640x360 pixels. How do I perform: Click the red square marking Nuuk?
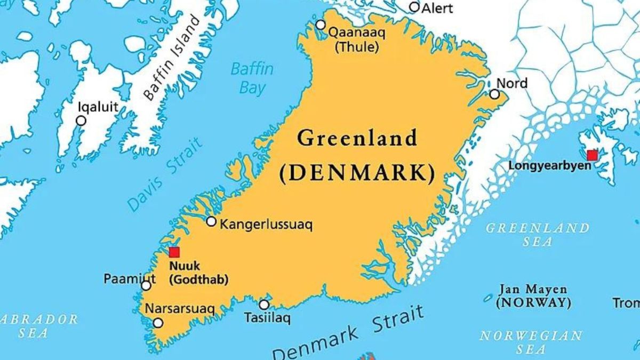pos(174,252)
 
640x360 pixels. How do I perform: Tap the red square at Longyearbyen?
pos(592,155)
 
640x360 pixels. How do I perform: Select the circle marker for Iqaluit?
pos(81,121)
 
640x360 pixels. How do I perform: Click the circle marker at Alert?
pos(414,7)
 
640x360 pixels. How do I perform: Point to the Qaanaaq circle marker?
pos(321,25)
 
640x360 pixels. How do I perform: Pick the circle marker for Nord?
pos(494,94)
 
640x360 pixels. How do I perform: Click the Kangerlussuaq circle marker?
pos(211,221)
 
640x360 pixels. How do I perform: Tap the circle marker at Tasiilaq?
pos(264,305)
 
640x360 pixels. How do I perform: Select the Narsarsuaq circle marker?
pos(158,323)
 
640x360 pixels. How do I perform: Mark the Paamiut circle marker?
pos(146,286)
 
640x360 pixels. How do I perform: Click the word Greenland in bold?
pos(357,139)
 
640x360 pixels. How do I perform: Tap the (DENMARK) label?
pos(357,173)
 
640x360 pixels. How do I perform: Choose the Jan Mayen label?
pos(532,290)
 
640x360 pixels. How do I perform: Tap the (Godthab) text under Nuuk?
pos(198,278)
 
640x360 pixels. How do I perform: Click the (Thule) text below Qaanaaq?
pos(357,46)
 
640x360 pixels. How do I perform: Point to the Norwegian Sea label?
pos(531,342)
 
